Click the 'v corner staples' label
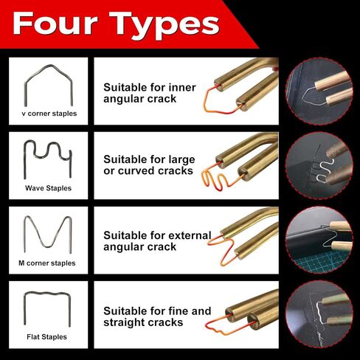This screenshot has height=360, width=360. coord(49,114)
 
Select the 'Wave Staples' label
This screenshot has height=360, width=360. coord(48,188)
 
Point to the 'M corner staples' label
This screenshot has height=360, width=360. coord(47,263)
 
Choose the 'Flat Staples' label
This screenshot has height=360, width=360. coord(46,337)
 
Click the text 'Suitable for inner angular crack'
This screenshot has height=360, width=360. coord(150,93)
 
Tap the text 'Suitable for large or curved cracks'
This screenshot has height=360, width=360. coord(149,165)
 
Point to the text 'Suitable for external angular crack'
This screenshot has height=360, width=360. coord(157,241)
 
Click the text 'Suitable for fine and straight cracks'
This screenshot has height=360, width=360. coord(157,316)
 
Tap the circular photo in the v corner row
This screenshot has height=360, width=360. coord(319,91)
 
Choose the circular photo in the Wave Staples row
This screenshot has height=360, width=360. coord(319,166)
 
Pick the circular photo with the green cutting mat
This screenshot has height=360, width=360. coord(319,240)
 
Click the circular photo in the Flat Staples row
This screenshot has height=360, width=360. coord(319,314)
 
